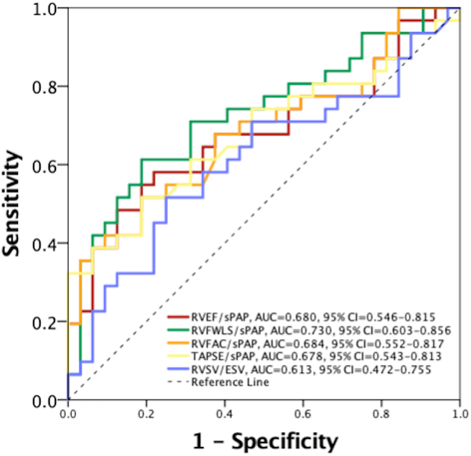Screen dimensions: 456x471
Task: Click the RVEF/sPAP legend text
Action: pos(215,317)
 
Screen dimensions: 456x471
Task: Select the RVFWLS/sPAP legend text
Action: pos(220,330)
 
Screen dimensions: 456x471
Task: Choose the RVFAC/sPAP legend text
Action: pos(217,343)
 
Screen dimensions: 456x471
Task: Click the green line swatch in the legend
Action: pos(178,330)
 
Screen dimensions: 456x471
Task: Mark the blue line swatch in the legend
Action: pos(178,369)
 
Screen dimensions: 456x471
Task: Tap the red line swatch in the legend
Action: pos(178,317)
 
